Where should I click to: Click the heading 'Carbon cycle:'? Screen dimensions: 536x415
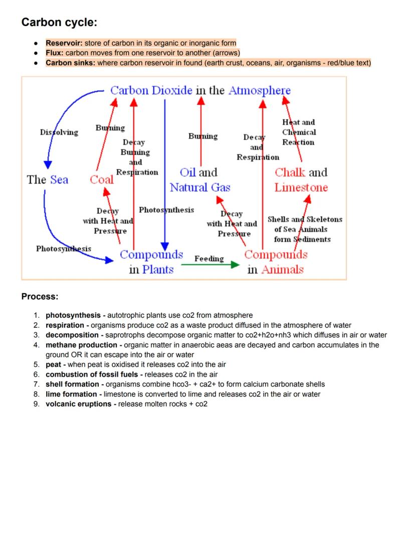(x=59, y=23)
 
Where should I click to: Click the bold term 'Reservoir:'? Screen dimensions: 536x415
(x=64, y=43)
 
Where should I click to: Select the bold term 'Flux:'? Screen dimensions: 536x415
(x=55, y=53)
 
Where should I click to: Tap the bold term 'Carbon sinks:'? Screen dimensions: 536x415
(x=70, y=63)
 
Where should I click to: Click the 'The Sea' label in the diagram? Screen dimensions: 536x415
(x=48, y=180)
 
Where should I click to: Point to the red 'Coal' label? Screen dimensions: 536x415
(x=102, y=180)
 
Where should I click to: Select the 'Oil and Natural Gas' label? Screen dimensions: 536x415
(x=199, y=180)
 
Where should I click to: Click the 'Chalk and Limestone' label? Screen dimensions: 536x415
(x=301, y=180)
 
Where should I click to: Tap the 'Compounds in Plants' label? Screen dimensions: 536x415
(x=151, y=262)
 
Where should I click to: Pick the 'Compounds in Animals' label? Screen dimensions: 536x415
(x=276, y=262)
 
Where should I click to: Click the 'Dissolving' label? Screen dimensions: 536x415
(x=59, y=132)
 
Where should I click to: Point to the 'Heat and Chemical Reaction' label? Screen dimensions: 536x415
(x=299, y=132)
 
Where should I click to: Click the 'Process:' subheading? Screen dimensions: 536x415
(x=40, y=297)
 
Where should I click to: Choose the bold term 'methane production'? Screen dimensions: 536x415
(x=81, y=345)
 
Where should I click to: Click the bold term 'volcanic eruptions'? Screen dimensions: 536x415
(x=79, y=404)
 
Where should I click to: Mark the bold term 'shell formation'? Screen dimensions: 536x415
(x=72, y=384)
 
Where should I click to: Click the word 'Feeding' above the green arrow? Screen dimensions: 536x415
(x=209, y=258)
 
